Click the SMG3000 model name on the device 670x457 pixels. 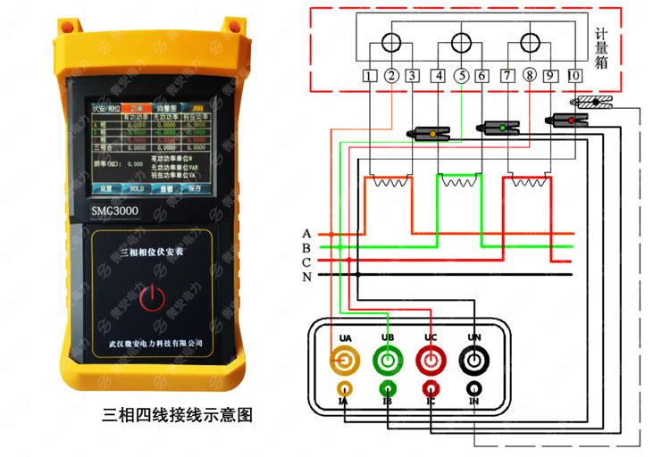(x=114, y=211)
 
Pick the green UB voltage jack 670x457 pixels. (x=388, y=361)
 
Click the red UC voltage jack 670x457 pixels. (x=431, y=361)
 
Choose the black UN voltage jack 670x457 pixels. (x=474, y=361)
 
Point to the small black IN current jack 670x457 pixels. (x=474, y=389)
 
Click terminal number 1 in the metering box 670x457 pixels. (x=370, y=77)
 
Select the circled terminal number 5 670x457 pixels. (x=461, y=77)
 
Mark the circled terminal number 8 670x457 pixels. (x=530, y=77)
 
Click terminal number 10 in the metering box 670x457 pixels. (x=574, y=77)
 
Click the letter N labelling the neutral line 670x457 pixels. (x=306, y=278)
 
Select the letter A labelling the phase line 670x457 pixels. (x=306, y=233)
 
